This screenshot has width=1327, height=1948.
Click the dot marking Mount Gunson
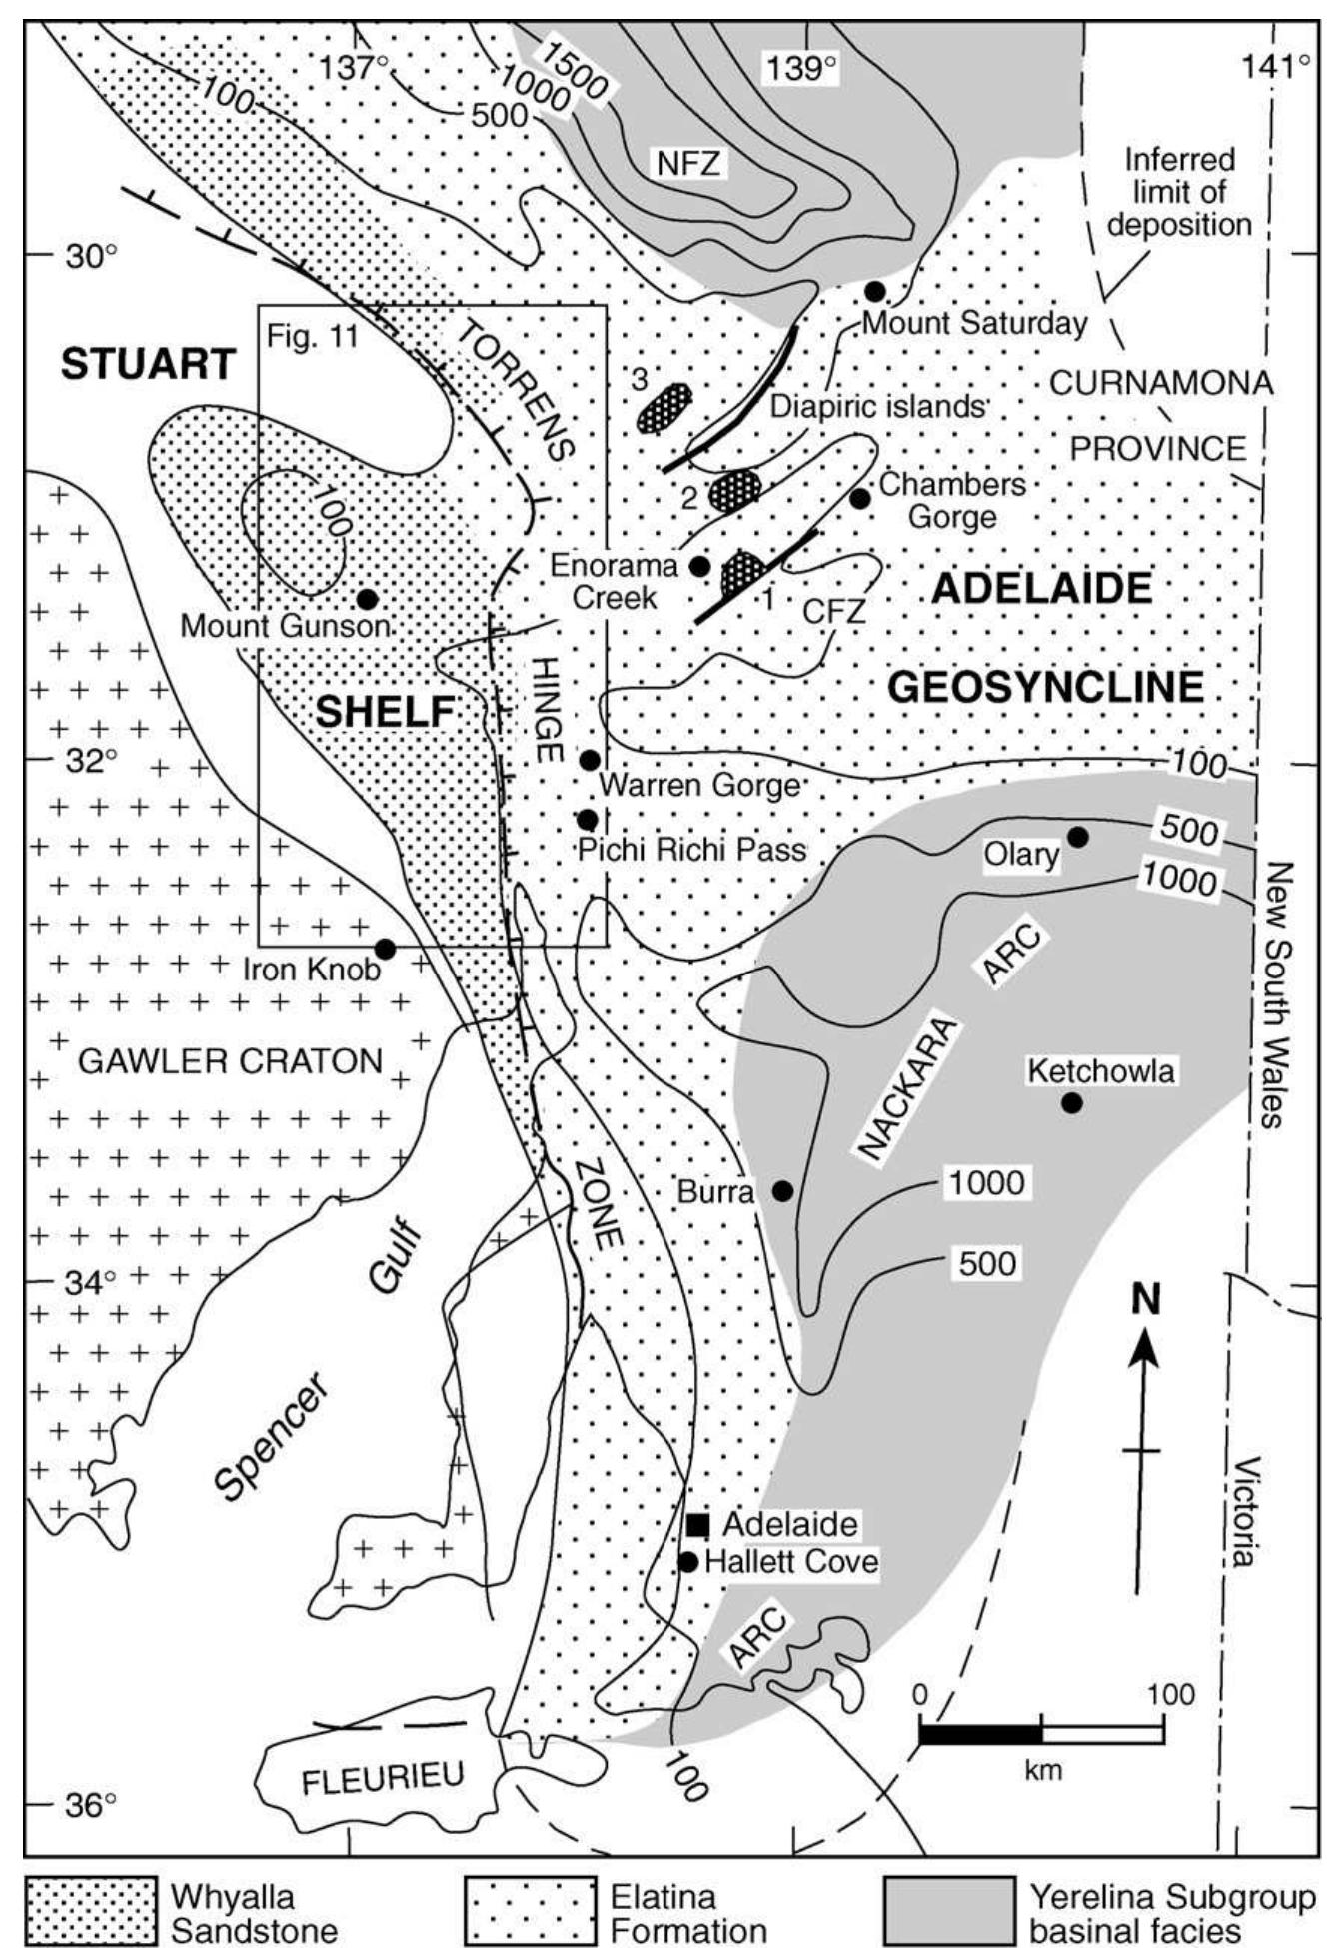(367, 599)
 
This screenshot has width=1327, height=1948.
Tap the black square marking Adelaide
(697, 1525)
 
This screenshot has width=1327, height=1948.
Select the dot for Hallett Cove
(687, 1561)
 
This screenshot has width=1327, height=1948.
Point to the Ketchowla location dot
(1071, 1103)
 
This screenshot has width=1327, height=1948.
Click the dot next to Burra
(783, 1191)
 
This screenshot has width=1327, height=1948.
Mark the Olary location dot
(1078, 837)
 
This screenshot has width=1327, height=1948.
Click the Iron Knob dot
(385, 948)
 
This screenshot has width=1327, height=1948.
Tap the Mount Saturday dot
(875, 291)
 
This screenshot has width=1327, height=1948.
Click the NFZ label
(688, 162)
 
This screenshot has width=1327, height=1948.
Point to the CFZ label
(833, 611)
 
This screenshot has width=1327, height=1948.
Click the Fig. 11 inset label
(312, 336)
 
